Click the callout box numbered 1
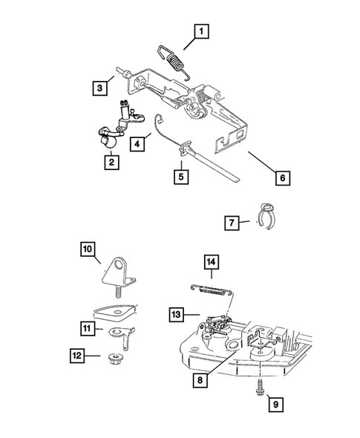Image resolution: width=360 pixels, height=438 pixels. [x=200, y=32]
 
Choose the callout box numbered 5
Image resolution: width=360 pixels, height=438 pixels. [x=180, y=177]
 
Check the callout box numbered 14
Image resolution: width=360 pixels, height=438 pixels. [x=211, y=261]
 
